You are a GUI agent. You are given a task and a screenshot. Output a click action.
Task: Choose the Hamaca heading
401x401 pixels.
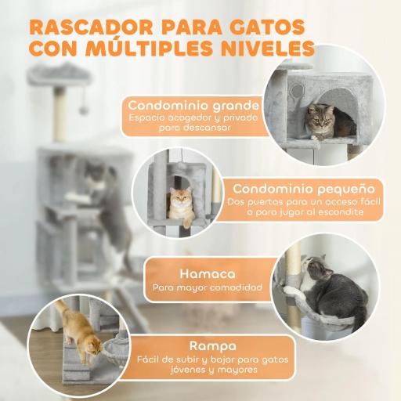(207, 274)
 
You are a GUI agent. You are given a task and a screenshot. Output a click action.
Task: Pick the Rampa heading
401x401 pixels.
(207, 345)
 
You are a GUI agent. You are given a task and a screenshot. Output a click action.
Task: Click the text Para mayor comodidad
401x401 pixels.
(207, 289)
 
